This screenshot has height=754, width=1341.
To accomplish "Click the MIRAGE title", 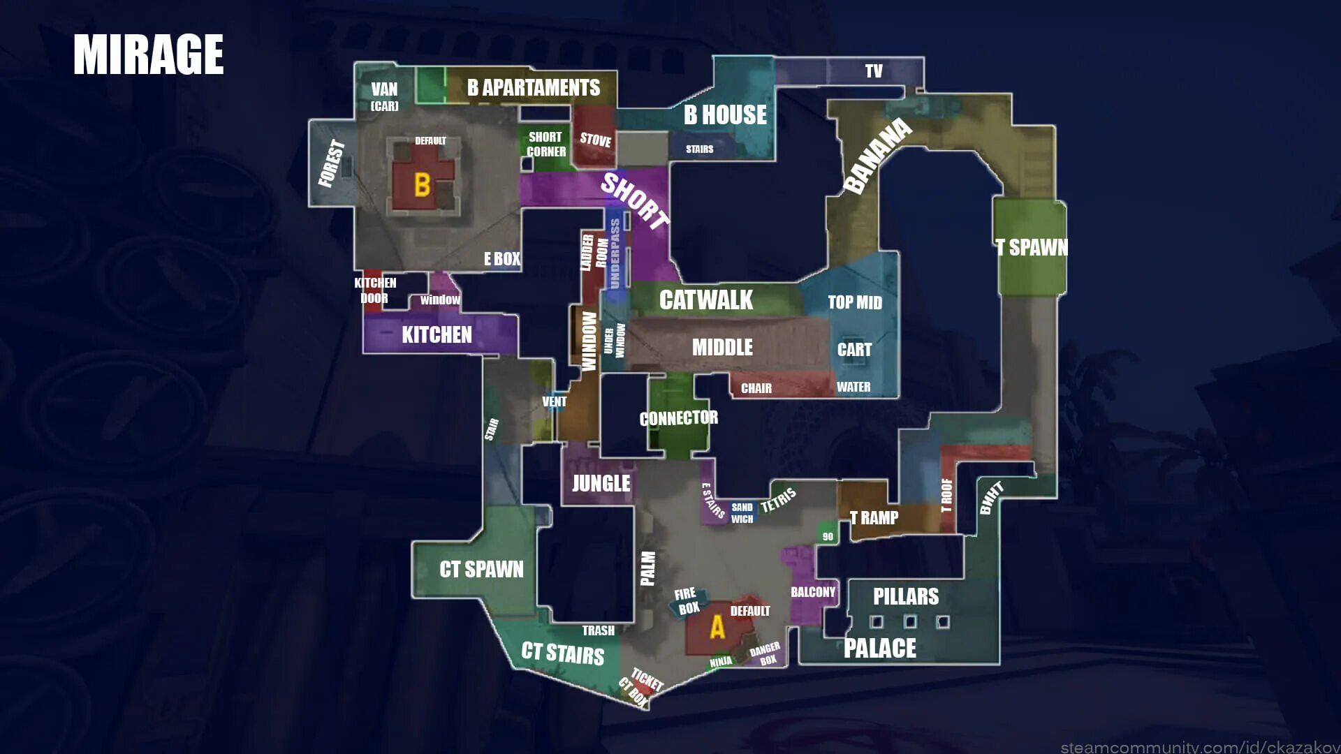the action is (x=148, y=54).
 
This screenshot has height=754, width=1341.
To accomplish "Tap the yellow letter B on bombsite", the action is (x=422, y=185).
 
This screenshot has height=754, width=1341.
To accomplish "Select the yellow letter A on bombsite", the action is (x=717, y=627).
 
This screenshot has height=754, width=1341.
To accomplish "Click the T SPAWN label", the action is (x=1032, y=247).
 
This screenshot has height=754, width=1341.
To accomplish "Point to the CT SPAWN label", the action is (x=481, y=570).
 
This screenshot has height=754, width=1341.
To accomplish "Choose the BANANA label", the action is (x=877, y=156).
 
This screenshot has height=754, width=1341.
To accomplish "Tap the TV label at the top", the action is (x=874, y=71).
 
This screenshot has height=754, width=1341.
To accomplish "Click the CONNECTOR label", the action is (x=678, y=418).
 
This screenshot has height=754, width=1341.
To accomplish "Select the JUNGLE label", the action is (x=601, y=483).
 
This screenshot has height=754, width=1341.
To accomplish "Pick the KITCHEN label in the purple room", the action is (x=437, y=335).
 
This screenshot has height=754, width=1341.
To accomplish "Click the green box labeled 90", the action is (x=828, y=536).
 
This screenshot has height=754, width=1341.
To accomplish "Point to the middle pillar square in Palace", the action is (x=910, y=621).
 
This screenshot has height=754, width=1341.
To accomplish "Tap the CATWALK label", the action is (x=705, y=300).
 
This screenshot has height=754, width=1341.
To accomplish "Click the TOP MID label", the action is (x=855, y=302).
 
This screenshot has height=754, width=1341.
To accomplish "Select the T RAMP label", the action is (x=874, y=518).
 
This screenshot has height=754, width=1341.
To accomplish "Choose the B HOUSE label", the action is (x=725, y=114).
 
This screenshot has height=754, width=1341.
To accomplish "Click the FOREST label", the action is (x=332, y=163).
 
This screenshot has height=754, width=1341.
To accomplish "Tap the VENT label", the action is (x=555, y=401).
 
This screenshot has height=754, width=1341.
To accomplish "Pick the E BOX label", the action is (x=502, y=259).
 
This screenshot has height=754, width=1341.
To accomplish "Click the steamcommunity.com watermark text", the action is (x=1199, y=747).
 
